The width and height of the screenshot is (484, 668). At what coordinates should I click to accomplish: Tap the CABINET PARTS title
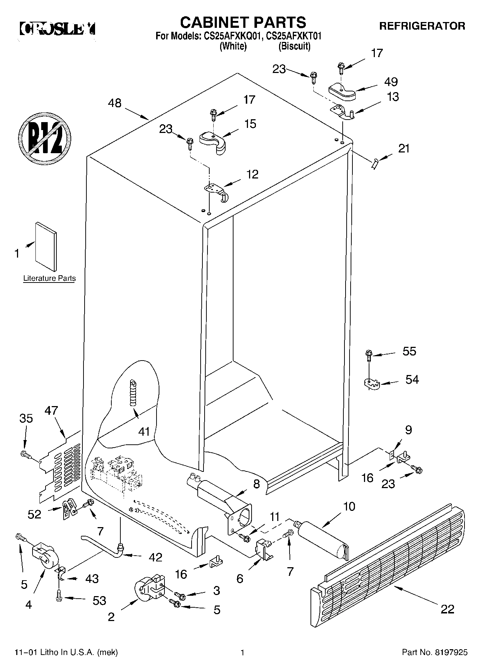pyautogui.click(x=243, y=22)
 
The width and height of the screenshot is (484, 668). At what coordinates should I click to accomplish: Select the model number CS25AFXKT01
pyautogui.click(x=294, y=36)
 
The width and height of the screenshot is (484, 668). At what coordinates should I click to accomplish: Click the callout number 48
pyautogui.click(x=115, y=103)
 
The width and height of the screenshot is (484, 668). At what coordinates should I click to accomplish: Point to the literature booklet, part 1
pyautogui.click(x=46, y=246)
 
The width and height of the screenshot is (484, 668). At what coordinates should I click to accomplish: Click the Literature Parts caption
pyautogui.click(x=50, y=278)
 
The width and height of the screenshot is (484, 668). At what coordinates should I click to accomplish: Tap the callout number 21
pyautogui.click(x=404, y=148)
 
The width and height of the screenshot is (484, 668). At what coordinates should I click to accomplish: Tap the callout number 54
pyautogui.click(x=412, y=379)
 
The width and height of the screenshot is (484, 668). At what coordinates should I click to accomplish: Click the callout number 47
pyautogui.click(x=51, y=411)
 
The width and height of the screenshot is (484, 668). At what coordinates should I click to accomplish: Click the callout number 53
pyautogui.click(x=99, y=600)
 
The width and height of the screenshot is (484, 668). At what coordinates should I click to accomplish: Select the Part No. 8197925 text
pyautogui.click(x=435, y=652)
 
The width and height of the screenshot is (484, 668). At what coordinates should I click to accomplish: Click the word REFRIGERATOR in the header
pyautogui.click(x=422, y=26)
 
